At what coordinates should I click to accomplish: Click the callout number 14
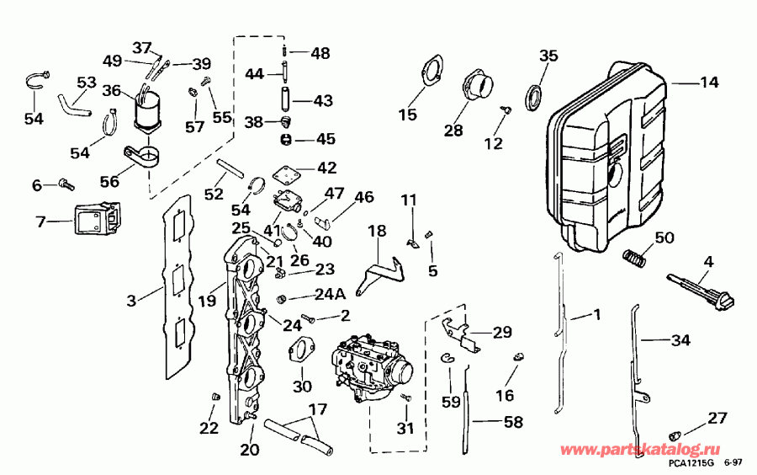pos(709,83)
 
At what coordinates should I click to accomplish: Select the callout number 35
pos(548,56)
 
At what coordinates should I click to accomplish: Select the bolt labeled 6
pos(66,184)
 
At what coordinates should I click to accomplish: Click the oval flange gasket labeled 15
pos(431,71)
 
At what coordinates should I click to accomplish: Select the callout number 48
pos(320,53)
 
